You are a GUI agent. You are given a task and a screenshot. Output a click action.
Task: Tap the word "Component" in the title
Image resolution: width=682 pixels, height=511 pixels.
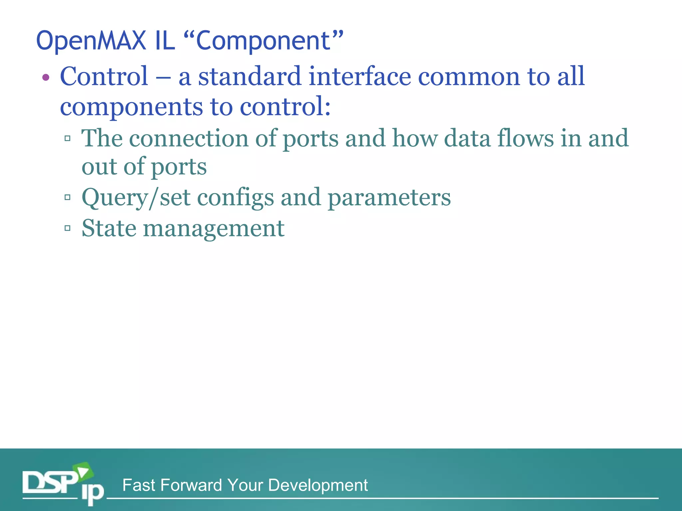coord(263,41)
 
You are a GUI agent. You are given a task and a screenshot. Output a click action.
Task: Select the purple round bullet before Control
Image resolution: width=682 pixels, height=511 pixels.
coord(46,78)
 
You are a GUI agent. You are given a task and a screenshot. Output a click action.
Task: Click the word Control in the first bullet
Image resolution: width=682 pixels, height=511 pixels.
coord(104,76)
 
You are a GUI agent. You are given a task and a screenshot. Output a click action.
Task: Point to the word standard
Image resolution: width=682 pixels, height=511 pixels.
coord(250,76)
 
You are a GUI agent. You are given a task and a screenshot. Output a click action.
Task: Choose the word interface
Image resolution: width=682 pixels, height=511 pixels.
coord(360,76)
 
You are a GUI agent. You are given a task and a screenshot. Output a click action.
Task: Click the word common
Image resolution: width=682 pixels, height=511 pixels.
coord(469,76)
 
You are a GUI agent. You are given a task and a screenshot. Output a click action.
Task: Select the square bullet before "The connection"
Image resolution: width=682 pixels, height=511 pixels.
coord(68,138)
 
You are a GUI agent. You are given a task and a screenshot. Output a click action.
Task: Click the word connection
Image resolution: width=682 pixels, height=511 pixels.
coord(188,138)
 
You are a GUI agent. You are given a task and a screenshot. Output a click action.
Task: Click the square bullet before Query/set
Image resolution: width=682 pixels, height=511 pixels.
coord(68,197)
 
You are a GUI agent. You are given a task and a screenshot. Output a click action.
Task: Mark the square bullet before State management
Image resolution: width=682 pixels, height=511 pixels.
coord(68,228)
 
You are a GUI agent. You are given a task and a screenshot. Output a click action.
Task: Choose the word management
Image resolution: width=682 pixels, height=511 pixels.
coord(213,229)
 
